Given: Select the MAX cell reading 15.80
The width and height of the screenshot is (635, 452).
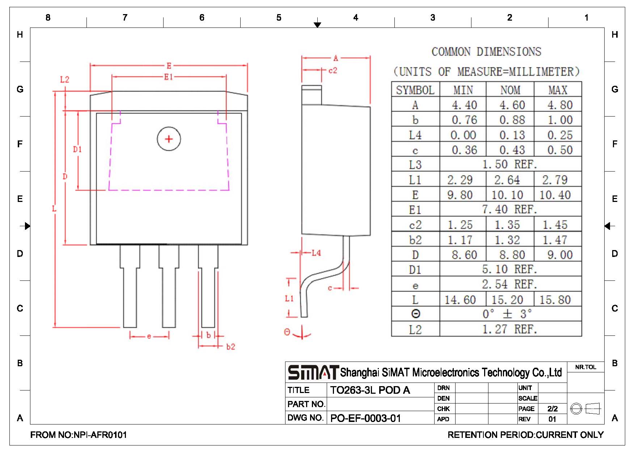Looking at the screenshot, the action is click(555, 300).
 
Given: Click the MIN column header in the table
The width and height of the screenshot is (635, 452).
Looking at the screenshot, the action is click(463, 90).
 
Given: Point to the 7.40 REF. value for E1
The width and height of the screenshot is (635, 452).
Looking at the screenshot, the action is click(509, 209).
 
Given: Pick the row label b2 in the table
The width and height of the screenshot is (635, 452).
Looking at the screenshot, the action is click(415, 240).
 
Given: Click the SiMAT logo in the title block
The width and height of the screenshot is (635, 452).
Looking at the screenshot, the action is click(313, 372).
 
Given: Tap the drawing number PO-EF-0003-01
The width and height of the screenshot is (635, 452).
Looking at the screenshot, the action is click(365, 418).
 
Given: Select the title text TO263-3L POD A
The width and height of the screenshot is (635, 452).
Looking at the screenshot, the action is click(370, 390).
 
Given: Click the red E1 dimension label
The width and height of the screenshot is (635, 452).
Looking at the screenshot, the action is click(169, 77).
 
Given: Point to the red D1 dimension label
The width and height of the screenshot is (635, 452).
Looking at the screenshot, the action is click(77, 149).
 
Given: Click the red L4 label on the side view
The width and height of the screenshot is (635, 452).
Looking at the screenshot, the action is click(316, 253).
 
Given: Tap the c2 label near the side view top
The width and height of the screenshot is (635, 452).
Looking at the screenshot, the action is click(333, 71).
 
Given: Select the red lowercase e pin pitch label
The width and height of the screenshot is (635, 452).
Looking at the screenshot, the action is click(149, 337).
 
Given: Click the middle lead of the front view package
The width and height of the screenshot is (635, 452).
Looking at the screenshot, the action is click(169, 286).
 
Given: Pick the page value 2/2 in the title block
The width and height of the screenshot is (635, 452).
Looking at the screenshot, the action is click(553, 409).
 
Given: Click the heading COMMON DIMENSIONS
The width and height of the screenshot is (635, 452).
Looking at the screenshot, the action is click(486, 52).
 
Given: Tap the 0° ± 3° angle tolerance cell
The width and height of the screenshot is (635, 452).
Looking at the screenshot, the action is click(507, 314).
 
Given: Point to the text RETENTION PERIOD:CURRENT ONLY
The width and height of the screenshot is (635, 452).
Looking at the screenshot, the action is click(525, 435).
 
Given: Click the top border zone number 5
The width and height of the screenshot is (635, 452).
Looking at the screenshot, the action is click(279, 17).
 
